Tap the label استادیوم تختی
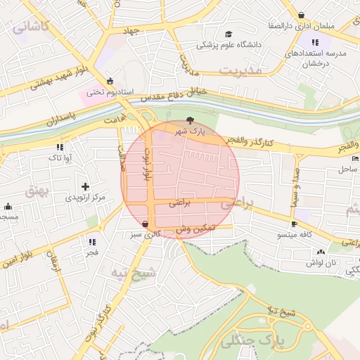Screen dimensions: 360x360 pos(105,91)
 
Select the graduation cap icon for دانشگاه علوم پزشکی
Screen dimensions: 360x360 pos(229,34)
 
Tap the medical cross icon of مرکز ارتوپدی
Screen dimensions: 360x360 pos(85,187)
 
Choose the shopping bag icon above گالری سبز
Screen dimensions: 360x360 pos(145,224)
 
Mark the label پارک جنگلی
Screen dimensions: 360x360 pos(250,342)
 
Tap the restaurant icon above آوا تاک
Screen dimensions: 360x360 pos(60,148)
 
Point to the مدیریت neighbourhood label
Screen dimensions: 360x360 pos(240,70)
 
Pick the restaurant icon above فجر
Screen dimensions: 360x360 pos(92,242)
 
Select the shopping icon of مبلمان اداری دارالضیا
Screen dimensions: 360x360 pos(302,15)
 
